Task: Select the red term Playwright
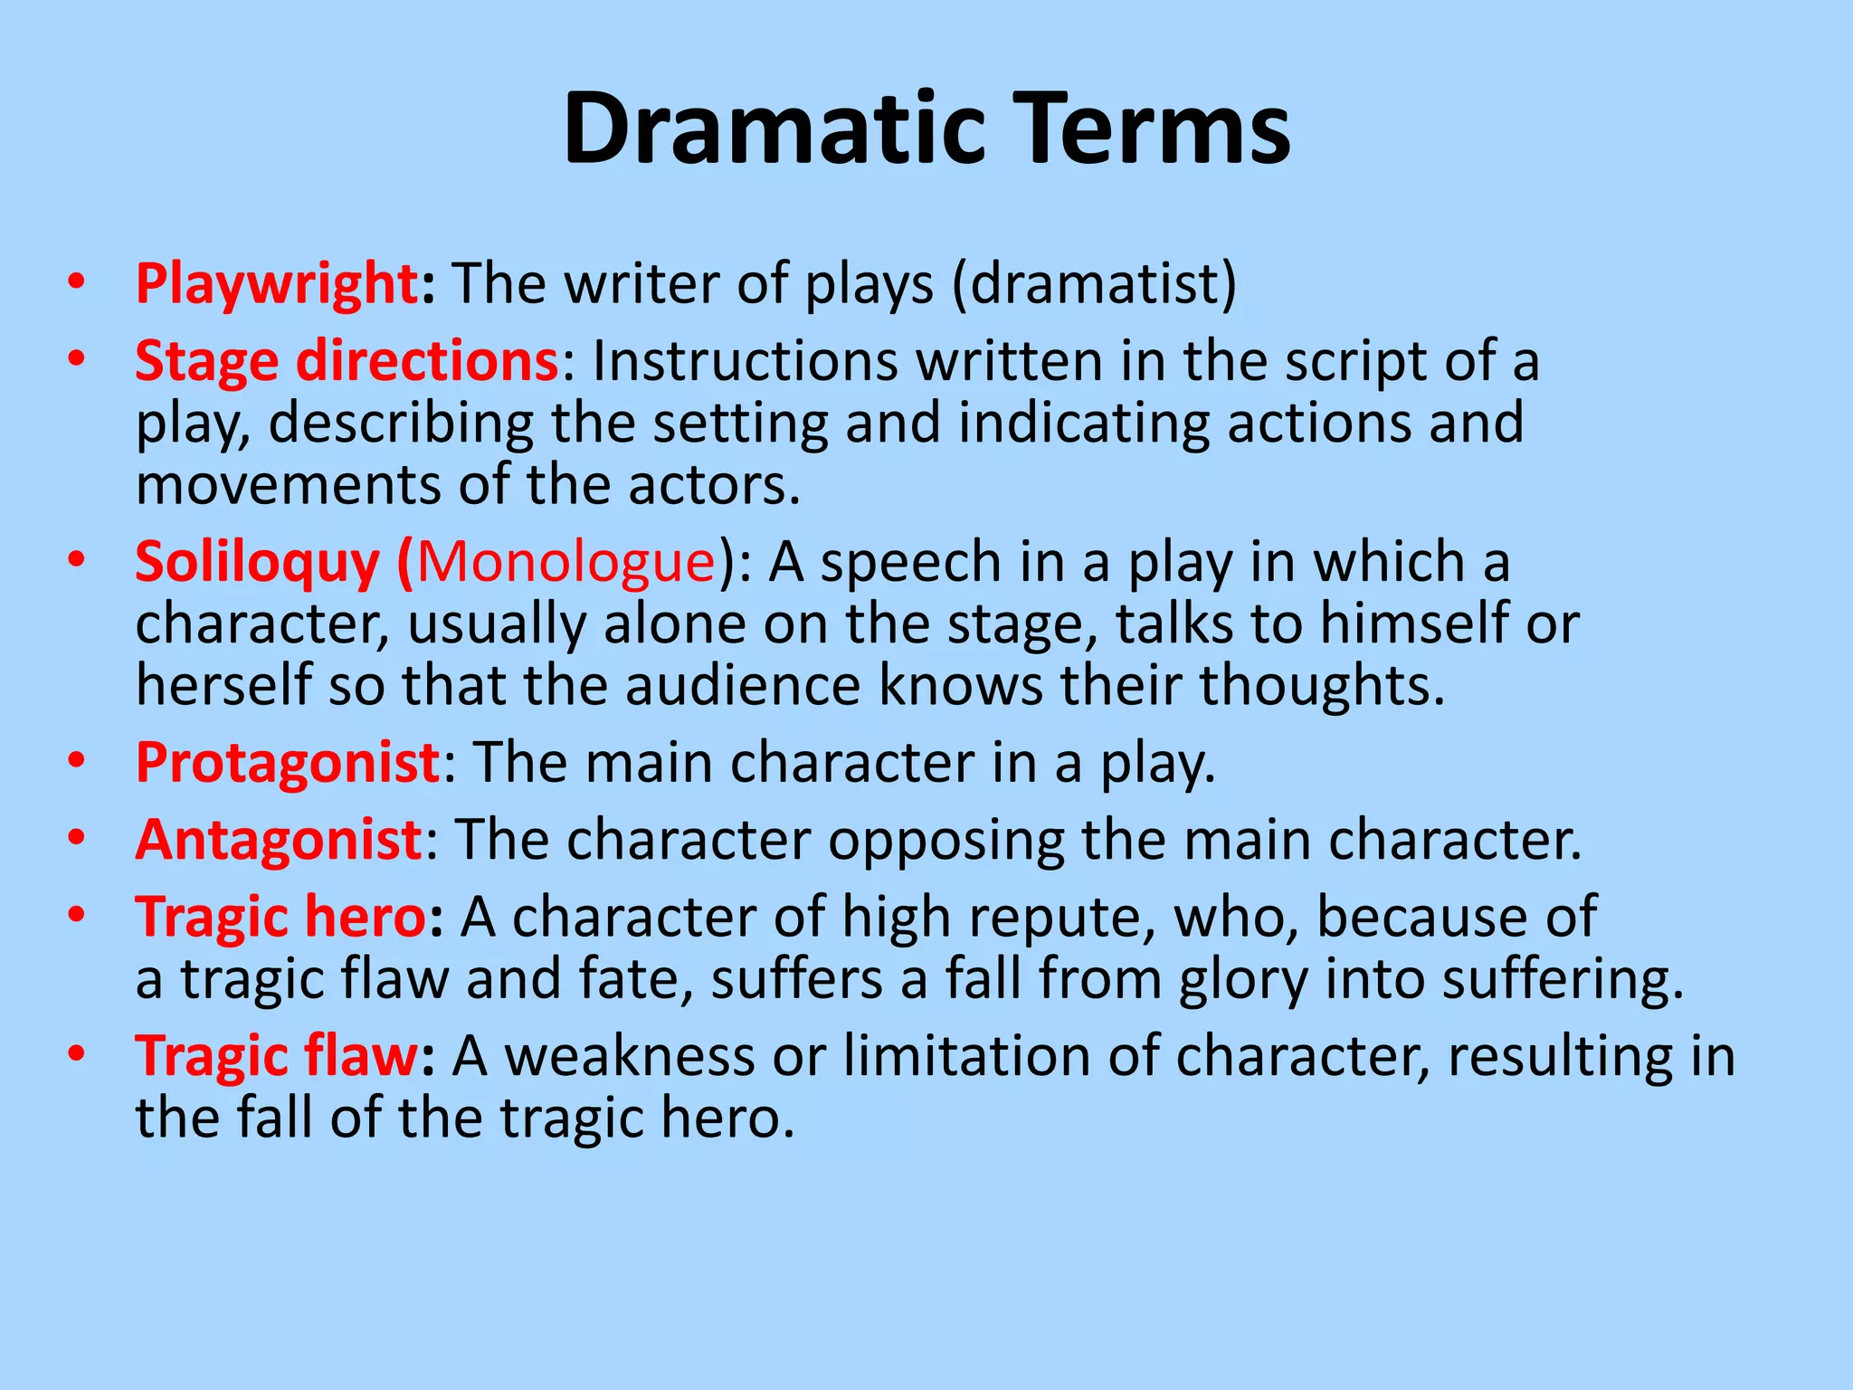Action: click(276, 285)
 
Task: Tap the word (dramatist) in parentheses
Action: click(1094, 285)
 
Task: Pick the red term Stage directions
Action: click(347, 362)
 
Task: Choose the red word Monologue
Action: click(566, 563)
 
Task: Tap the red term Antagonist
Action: click(279, 841)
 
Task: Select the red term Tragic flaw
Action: click(277, 1057)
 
